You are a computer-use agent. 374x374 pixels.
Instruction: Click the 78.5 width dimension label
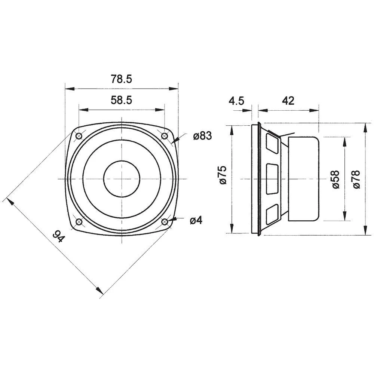pyautogui.click(x=121, y=79)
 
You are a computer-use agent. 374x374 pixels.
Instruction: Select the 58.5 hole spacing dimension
pyautogui.click(x=121, y=100)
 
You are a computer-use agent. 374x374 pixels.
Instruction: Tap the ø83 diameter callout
pyautogui.click(x=202, y=137)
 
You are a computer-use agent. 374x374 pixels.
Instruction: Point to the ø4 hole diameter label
pyautogui.click(x=196, y=221)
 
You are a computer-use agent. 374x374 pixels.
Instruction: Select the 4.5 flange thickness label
pyautogui.click(x=236, y=101)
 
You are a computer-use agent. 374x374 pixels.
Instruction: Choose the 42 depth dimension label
pyautogui.click(x=288, y=101)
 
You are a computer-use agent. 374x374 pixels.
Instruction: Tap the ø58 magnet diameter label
pyautogui.click(x=335, y=179)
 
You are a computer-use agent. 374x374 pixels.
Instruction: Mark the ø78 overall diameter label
pyautogui.click(x=356, y=179)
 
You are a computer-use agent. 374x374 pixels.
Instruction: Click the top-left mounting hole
pyautogui.click(x=79, y=136)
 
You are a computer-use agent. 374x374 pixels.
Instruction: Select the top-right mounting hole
pyautogui.click(x=164, y=136)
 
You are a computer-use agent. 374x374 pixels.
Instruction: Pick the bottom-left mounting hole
pyautogui.click(x=79, y=223)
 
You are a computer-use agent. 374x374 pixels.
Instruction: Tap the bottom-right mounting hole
pyautogui.click(x=164, y=223)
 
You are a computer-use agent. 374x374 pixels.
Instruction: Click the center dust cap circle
pyautogui.click(x=122, y=179)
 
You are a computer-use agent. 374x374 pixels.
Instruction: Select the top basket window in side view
pyautogui.click(x=272, y=144)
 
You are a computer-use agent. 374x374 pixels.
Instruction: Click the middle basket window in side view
pyautogui.click(x=272, y=179)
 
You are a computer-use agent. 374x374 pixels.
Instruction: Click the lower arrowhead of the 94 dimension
pyautogui.click(x=99, y=290)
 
